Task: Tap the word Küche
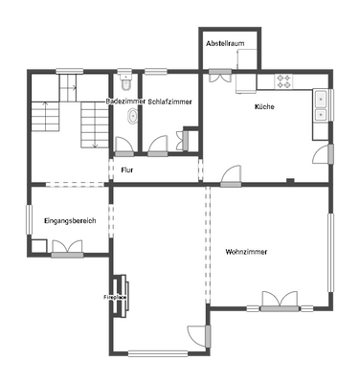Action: tap(264, 106)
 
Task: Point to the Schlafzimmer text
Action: tap(169, 101)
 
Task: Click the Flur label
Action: tap(126, 169)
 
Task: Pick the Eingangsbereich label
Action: tap(70, 221)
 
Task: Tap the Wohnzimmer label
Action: tap(246, 251)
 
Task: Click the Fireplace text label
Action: tap(114, 298)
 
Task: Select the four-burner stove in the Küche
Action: tap(284, 80)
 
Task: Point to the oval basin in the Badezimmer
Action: tap(132, 116)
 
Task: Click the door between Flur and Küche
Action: tap(231, 174)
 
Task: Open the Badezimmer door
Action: tap(125, 146)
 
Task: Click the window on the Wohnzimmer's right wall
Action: tap(333, 251)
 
